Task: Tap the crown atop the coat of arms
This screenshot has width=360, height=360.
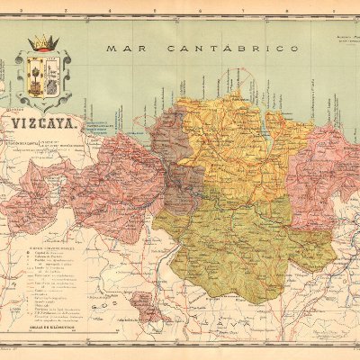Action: (x=41, y=43)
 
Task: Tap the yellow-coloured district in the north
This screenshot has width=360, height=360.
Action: (x=229, y=144)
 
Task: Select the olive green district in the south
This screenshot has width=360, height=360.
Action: (x=238, y=243)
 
